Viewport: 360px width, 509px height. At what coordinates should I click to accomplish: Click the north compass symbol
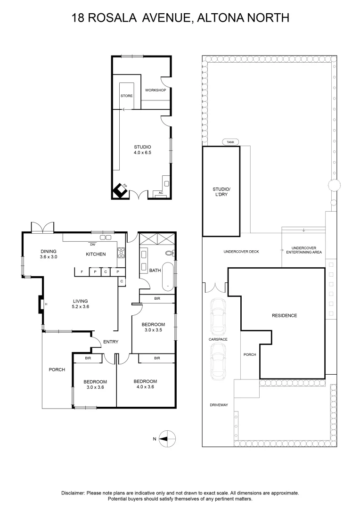(167, 438)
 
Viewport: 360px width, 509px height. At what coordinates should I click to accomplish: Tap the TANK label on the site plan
(230, 142)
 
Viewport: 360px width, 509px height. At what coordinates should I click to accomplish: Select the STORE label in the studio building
(126, 96)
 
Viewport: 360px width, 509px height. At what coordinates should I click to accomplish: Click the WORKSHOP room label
(155, 90)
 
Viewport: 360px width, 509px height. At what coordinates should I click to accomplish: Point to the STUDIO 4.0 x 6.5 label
(142, 150)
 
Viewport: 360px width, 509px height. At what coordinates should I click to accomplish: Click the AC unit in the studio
(161, 193)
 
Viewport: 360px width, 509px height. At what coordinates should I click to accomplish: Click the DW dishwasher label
(93, 244)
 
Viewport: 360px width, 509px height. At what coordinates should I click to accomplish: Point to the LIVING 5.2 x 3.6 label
(81, 304)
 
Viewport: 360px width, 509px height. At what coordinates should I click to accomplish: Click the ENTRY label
(110, 342)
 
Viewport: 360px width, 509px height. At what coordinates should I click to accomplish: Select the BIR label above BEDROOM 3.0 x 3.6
(88, 359)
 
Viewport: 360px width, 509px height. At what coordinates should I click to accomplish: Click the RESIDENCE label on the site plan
(284, 315)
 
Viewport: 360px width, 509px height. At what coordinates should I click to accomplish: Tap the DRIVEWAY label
(219, 405)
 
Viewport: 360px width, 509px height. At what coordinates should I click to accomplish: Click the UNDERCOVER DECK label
(241, 252)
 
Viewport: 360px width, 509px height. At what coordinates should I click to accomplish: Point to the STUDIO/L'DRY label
(220, 191)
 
